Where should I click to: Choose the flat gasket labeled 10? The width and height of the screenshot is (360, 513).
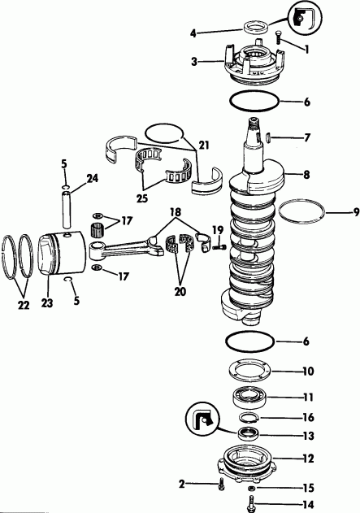pos(253,373)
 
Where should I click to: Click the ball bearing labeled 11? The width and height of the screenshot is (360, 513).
pos(253,398)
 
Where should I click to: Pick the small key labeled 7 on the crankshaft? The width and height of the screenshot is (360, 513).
pos(269,137)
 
